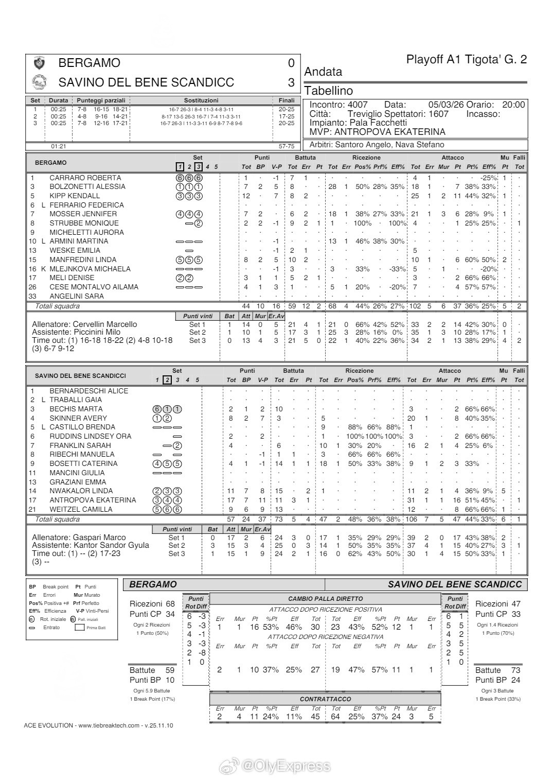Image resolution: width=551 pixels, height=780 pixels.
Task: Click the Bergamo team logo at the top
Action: pyautogui.click(x=39, y=63)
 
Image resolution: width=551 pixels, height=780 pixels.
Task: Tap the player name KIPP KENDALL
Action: pyautogui.click(x=75, y=196)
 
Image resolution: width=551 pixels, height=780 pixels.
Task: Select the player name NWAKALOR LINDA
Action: pyautogui.click(x=88, y=491)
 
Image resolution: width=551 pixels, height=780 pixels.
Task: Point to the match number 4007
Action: pyautogui.click(x=358, y=105)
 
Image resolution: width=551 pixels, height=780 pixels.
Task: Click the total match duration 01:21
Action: pyautogui.click(x=59, y=146)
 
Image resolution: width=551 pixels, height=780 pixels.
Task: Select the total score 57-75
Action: pyautogui.click(x=286, y=146)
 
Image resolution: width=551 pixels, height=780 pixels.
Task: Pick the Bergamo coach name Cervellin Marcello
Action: pyautogui.click(x=105, y=324)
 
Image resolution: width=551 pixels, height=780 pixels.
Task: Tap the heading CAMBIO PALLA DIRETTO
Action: pyautogui.click(x=325, y=599)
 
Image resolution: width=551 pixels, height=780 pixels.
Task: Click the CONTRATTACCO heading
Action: pyautogui.click(x=325, y=699)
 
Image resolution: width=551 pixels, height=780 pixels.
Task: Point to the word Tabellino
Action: pyautogui.click(x=329, y=91)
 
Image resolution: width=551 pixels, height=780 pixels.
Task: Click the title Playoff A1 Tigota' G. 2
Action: pyautogui.click(x=466, y=59)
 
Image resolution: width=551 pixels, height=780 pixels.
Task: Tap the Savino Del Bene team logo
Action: pyautogui.click(x=39, y=82)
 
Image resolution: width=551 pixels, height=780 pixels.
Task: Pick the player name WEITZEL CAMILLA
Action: pyautogui.click(x=88, y=509)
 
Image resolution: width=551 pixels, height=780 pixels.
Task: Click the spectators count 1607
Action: pyautogui.click(x=438, y=114)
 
